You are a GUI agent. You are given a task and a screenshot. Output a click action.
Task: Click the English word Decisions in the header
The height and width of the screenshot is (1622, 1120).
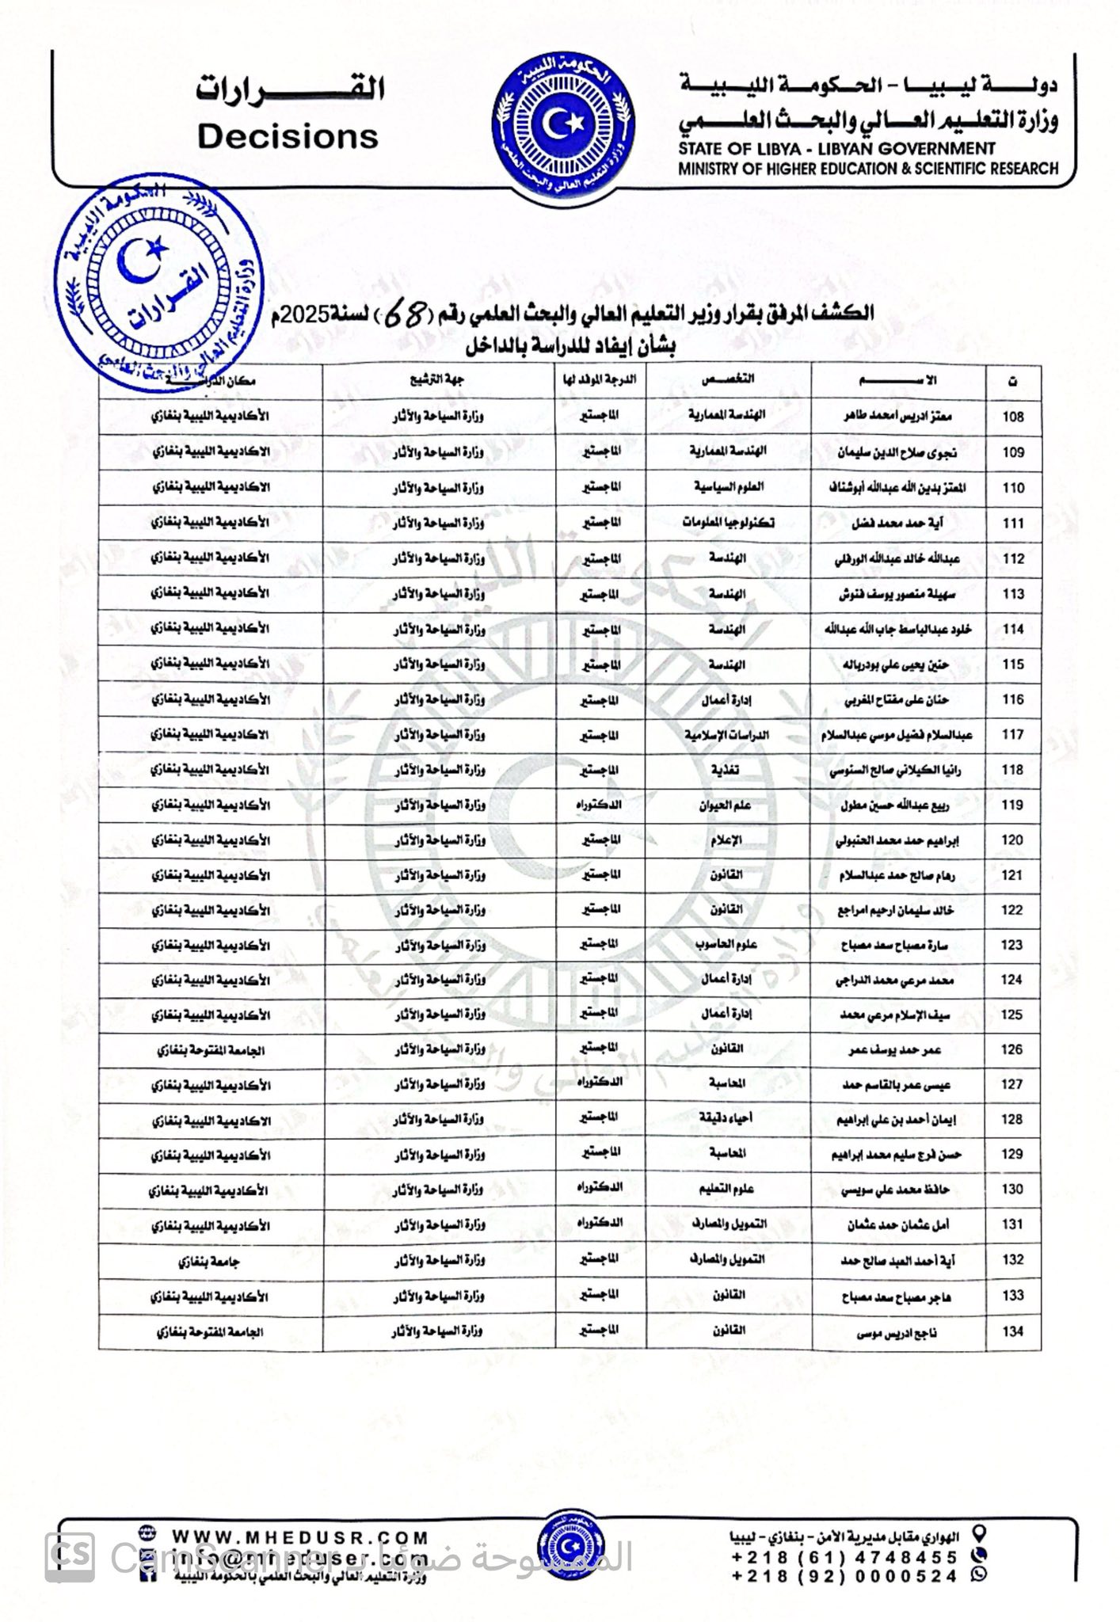point(288,137)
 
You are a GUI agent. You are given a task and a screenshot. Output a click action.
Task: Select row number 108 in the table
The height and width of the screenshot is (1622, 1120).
point(1013,417)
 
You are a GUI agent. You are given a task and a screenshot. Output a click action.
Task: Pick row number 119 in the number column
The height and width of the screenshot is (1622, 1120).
point(1013,805)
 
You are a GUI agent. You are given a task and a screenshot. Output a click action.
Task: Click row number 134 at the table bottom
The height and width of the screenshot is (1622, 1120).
point(1013,1331)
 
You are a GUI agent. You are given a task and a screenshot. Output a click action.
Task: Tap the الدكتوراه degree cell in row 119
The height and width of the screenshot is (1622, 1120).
point(600,805)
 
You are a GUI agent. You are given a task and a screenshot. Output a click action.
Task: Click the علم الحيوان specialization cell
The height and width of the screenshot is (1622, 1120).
point(726,805)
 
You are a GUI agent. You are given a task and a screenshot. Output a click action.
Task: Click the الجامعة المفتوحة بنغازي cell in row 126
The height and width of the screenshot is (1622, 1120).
point(210,1051)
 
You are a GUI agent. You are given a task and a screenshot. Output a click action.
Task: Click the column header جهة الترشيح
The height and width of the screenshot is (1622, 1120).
point(437,380)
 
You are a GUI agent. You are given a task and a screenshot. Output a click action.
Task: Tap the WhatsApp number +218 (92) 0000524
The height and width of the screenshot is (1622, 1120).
point(844,1576)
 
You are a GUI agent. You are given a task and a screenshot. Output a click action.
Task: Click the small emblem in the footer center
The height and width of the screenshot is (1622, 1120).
point(566,1547)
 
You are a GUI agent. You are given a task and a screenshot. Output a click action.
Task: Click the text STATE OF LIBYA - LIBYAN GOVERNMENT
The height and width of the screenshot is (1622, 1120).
point(836,148)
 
